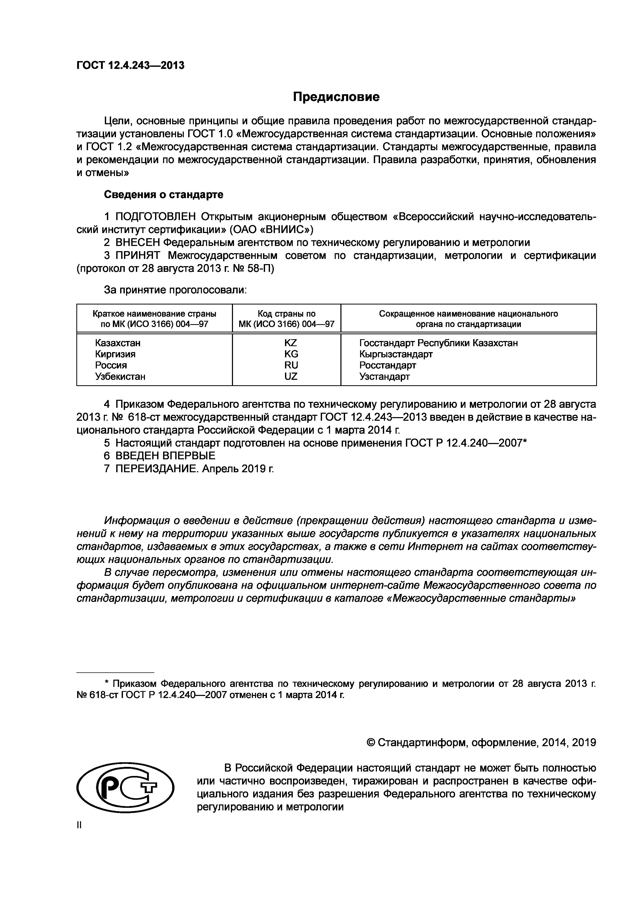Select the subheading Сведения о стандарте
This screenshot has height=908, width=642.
[163, 195]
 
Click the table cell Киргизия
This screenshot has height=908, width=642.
[115, 354]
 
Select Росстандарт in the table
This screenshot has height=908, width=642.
[388, 365]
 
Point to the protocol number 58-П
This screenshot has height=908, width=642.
[260, 268]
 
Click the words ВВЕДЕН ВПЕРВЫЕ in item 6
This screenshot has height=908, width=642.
[165, 456]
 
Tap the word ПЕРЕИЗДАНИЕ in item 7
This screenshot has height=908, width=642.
[157, 469]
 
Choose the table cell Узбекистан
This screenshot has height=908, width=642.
[120, 376]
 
